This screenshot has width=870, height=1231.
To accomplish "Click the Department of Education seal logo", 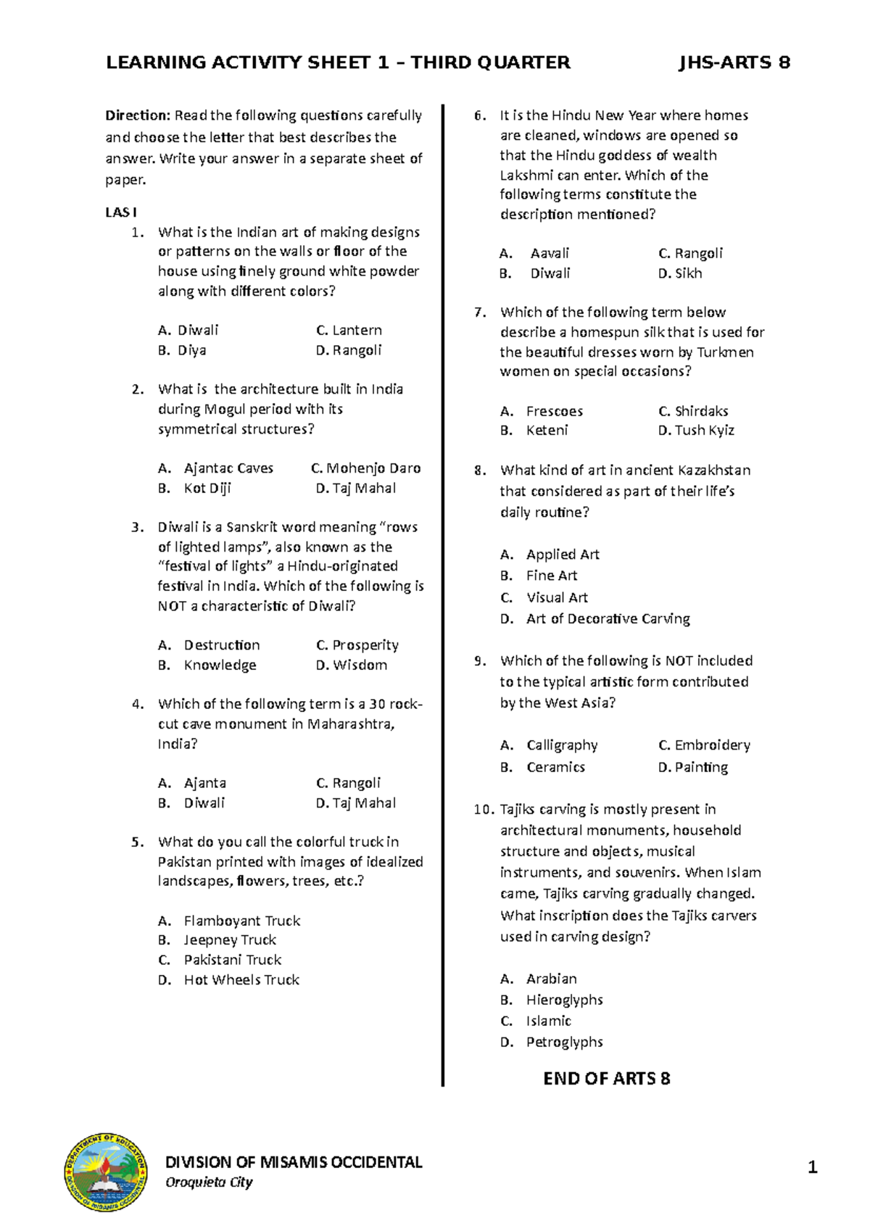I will pyautogui.click(x=107, y=1172).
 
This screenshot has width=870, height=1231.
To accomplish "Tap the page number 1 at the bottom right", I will pyautogui.click(x=812, y=1167).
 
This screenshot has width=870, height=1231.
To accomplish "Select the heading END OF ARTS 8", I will pyautogui.click(x=607, y=1079).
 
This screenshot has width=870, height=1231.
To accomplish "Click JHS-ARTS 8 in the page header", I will pyautogui.click(x=734, y=62).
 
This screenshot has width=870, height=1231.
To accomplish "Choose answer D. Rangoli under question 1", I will pyautogui.click(x=349, y=350).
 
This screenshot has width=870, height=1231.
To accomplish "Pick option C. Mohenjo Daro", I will pyautogui.click(x=366, y=468).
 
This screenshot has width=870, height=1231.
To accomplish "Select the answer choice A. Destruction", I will pyautogui.click(x=209, y=645).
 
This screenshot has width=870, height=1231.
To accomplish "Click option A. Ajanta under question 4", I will pyautogui.click(x=192, y=783).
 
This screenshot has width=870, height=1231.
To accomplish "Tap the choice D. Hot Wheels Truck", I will pyautogui.click(x=228, y=980).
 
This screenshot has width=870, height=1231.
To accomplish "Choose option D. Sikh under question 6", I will pyautogui.click(x=680, y=273).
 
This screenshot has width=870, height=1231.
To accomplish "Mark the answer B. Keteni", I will pyautogui.click(x=534, y=431).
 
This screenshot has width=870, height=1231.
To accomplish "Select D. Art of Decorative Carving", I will pyautogui.click(x=595, y=619).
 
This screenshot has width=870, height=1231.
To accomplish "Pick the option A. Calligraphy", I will pyautogui.click(x=549, y=745).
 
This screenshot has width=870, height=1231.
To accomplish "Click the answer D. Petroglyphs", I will pyautogui.click(x=552, y=1042).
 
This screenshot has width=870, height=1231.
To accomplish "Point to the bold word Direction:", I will pyautogui.click(x=138, y=115).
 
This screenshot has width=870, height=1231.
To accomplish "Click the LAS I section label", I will pyautogui.click(x=121, y=212).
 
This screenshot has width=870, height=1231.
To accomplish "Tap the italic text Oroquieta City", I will pyautogui.click(x=209, y=1182).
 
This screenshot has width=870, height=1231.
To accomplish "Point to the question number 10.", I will pyautogui.click(x=483, y=810).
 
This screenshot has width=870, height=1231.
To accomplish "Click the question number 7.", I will pyautogui.click(x=479, y=312).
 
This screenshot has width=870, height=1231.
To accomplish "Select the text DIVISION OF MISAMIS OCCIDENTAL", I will pyautogui.click(x=294, y=1163).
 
